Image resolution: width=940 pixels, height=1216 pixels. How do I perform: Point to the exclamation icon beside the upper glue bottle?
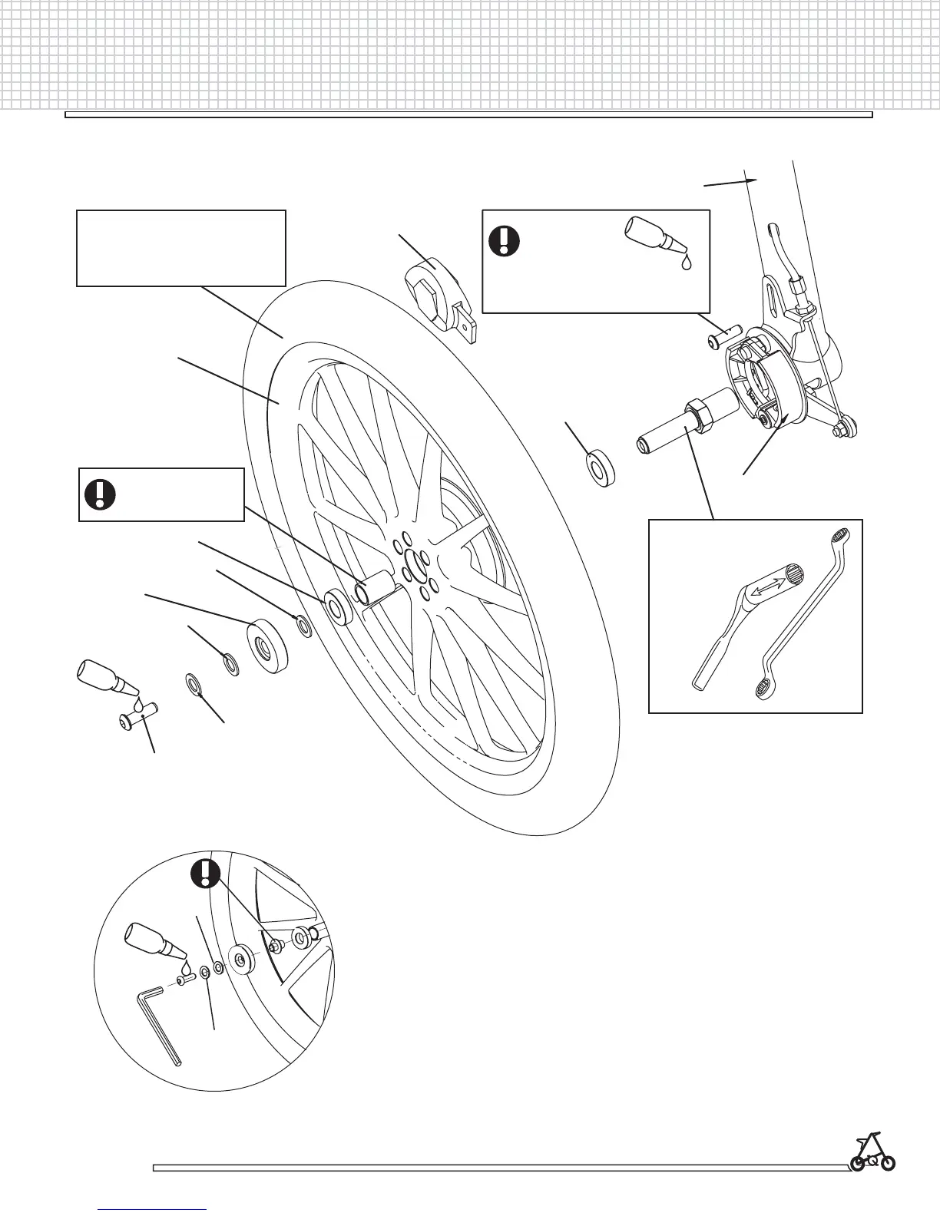pos(504,240)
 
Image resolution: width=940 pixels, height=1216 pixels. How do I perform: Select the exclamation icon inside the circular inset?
pos(205,873)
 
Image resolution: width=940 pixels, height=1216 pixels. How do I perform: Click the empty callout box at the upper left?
pos(181,248)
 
